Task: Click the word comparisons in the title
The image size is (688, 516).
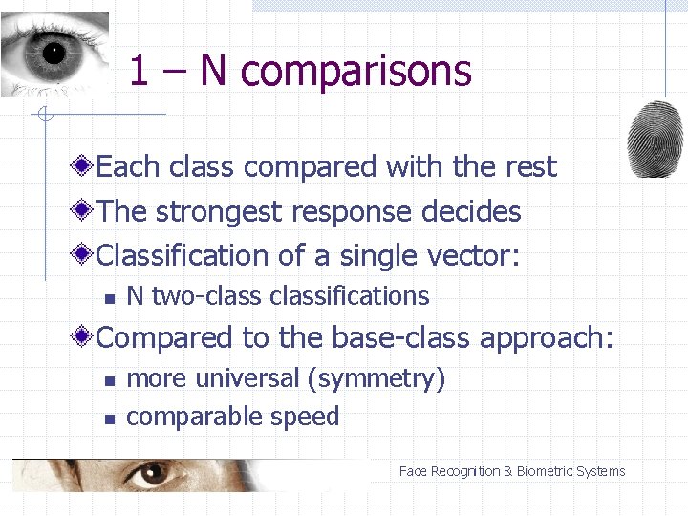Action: (356, 72)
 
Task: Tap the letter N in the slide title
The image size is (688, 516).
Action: (212, 71)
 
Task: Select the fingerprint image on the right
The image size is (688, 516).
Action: (656, 139)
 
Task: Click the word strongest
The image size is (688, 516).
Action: (223, 211)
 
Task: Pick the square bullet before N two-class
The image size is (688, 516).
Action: (110, 299)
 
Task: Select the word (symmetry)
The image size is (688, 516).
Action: (376, 378)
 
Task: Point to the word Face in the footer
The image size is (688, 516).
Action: (413, 471)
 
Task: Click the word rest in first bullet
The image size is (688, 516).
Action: (530, 167)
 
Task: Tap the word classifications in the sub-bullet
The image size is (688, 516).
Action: (350, 296)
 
